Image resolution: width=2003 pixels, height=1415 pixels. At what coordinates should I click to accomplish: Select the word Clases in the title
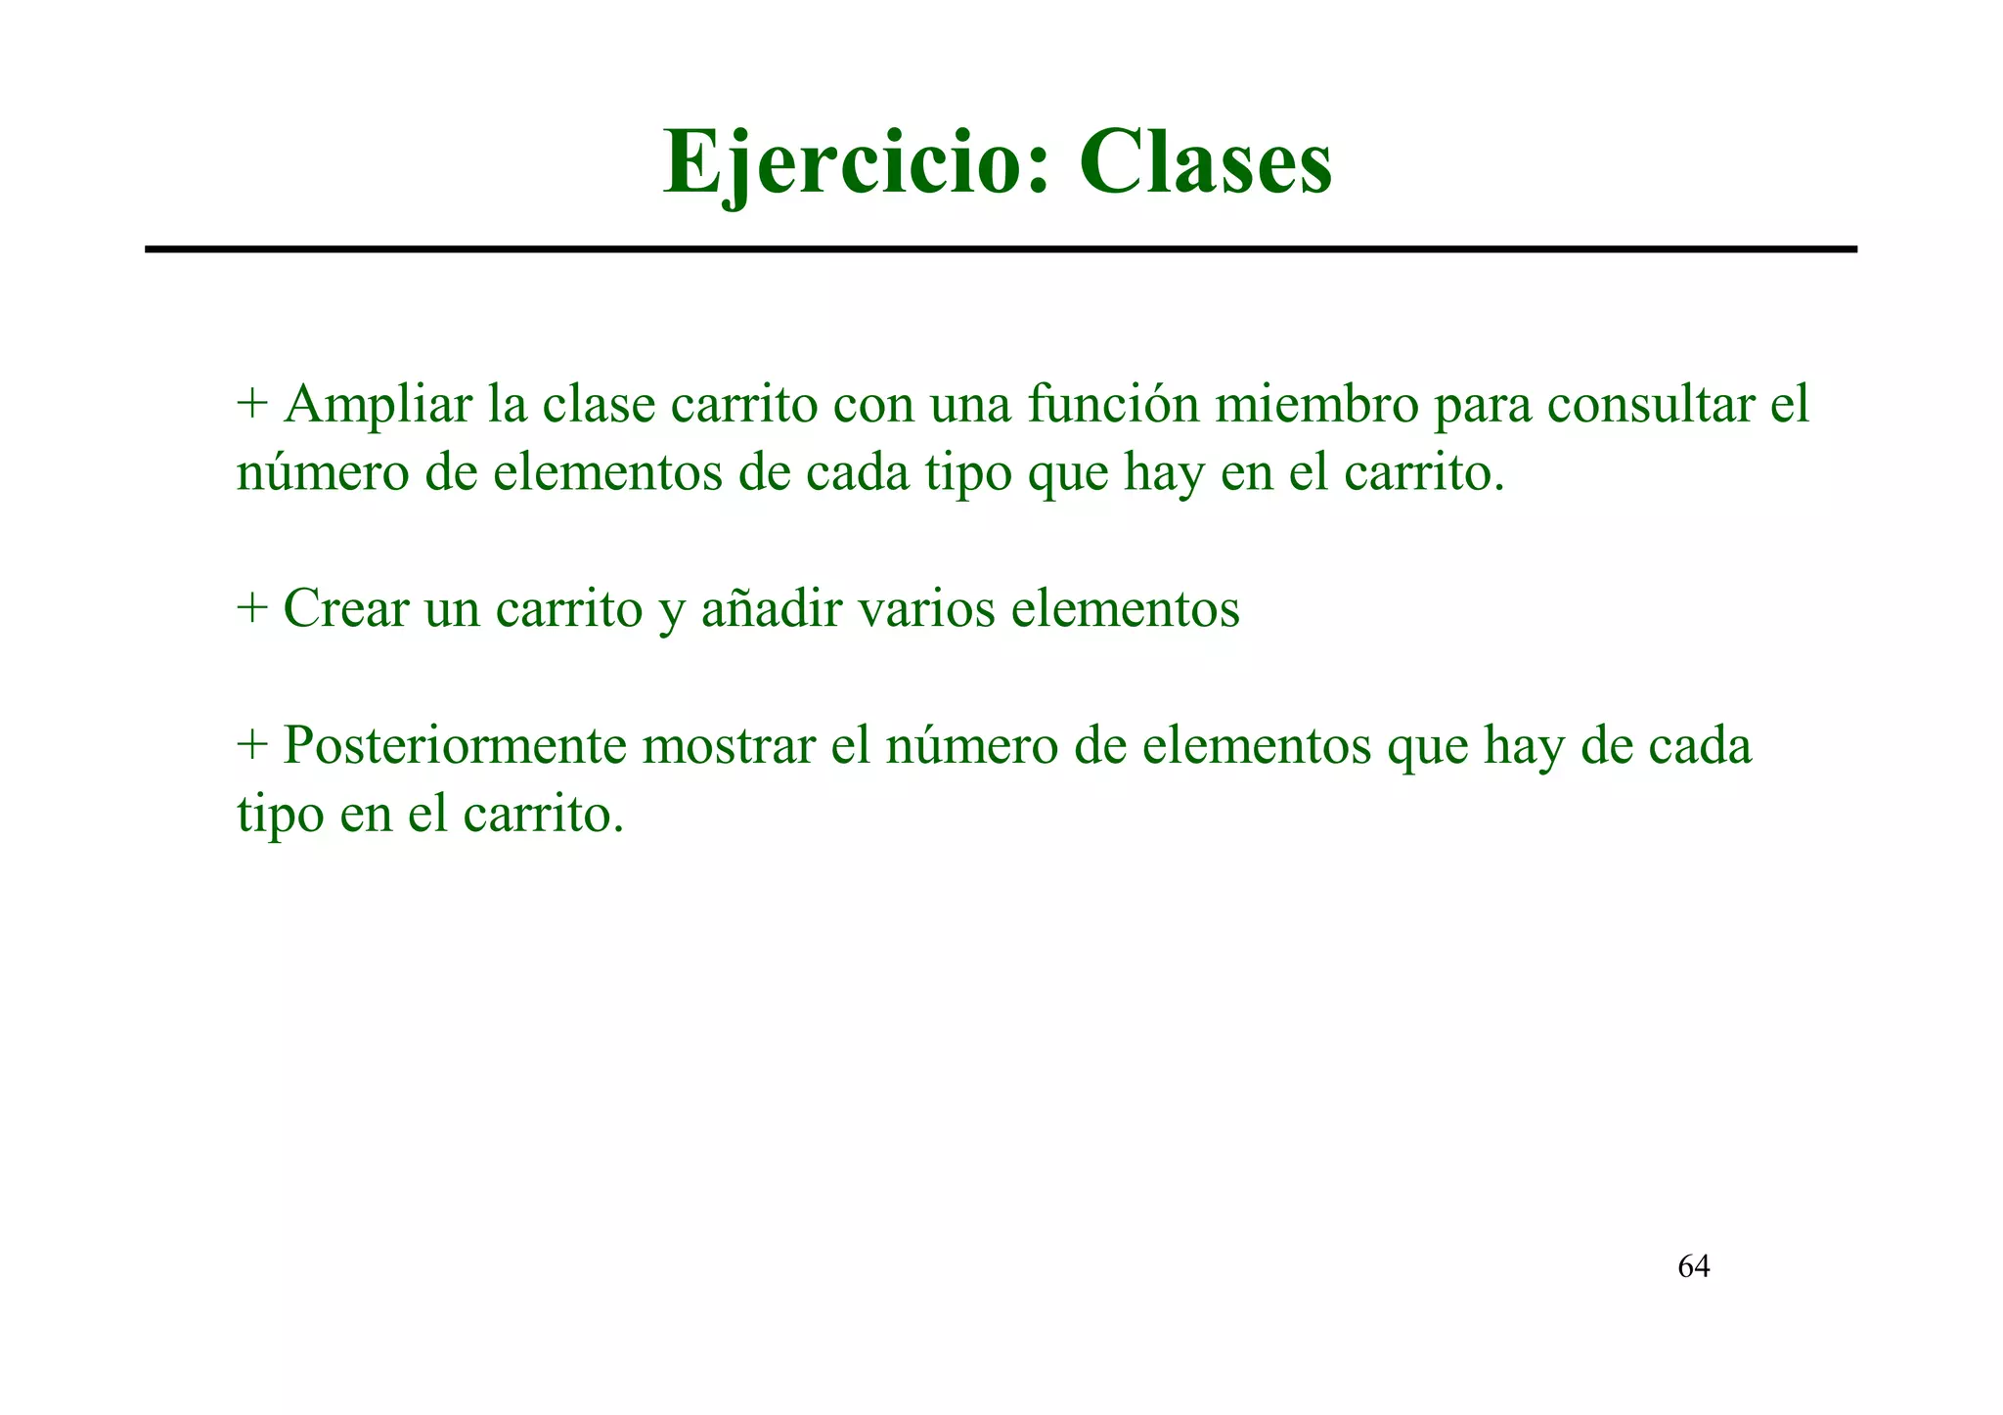(1205, 163)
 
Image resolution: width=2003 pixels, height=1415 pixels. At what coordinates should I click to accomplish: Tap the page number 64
(1693, 1267)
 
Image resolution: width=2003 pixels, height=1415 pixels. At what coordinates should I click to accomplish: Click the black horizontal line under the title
(1001, 250)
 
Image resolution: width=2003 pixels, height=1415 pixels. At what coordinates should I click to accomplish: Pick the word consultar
(1652, 404)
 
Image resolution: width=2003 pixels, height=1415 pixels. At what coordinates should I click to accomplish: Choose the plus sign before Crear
(252, 609)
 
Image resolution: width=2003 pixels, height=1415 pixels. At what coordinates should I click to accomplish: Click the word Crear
(345, 608)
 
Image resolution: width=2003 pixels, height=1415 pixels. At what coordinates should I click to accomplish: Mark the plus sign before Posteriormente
(252, 746)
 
